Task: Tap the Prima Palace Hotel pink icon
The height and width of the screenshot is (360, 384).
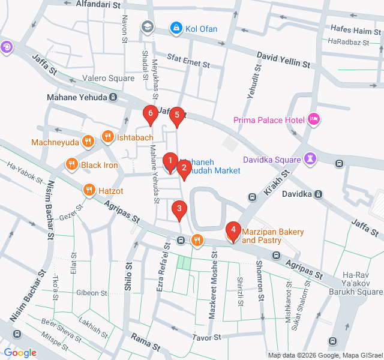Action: coord(313,120)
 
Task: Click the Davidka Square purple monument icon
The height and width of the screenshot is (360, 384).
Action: coord(310,159)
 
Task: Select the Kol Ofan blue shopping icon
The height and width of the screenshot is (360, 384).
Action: coord(176,28)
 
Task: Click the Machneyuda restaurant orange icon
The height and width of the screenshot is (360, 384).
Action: coord(88,142)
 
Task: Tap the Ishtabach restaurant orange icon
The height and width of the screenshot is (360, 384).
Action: coord(108,137)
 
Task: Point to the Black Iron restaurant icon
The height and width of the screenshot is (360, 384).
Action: coord(71,164)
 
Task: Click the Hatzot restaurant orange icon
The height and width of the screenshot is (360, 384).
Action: coord(89,190)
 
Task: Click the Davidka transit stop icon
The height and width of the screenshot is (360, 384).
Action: coord(319,194)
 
